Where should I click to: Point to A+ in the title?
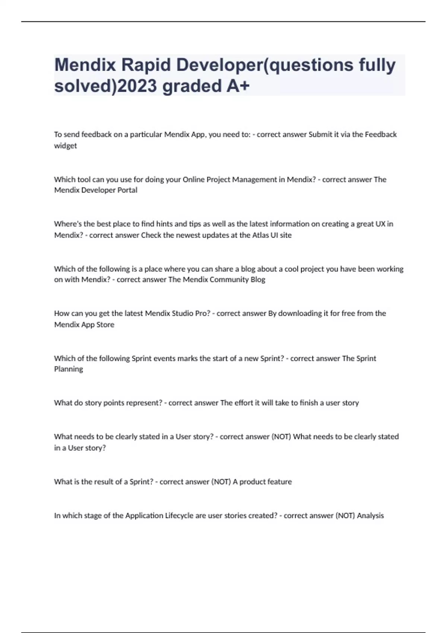click(x=238, y=86)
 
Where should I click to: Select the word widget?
click(x=66, y=146)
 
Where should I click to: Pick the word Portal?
click(x=127, y=190)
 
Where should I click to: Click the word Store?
click(x=105, y=324)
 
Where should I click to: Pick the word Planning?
click(x=69, y=369)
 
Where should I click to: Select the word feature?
click(x=279, y=481)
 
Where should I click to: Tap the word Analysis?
click(x=370, y=515)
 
